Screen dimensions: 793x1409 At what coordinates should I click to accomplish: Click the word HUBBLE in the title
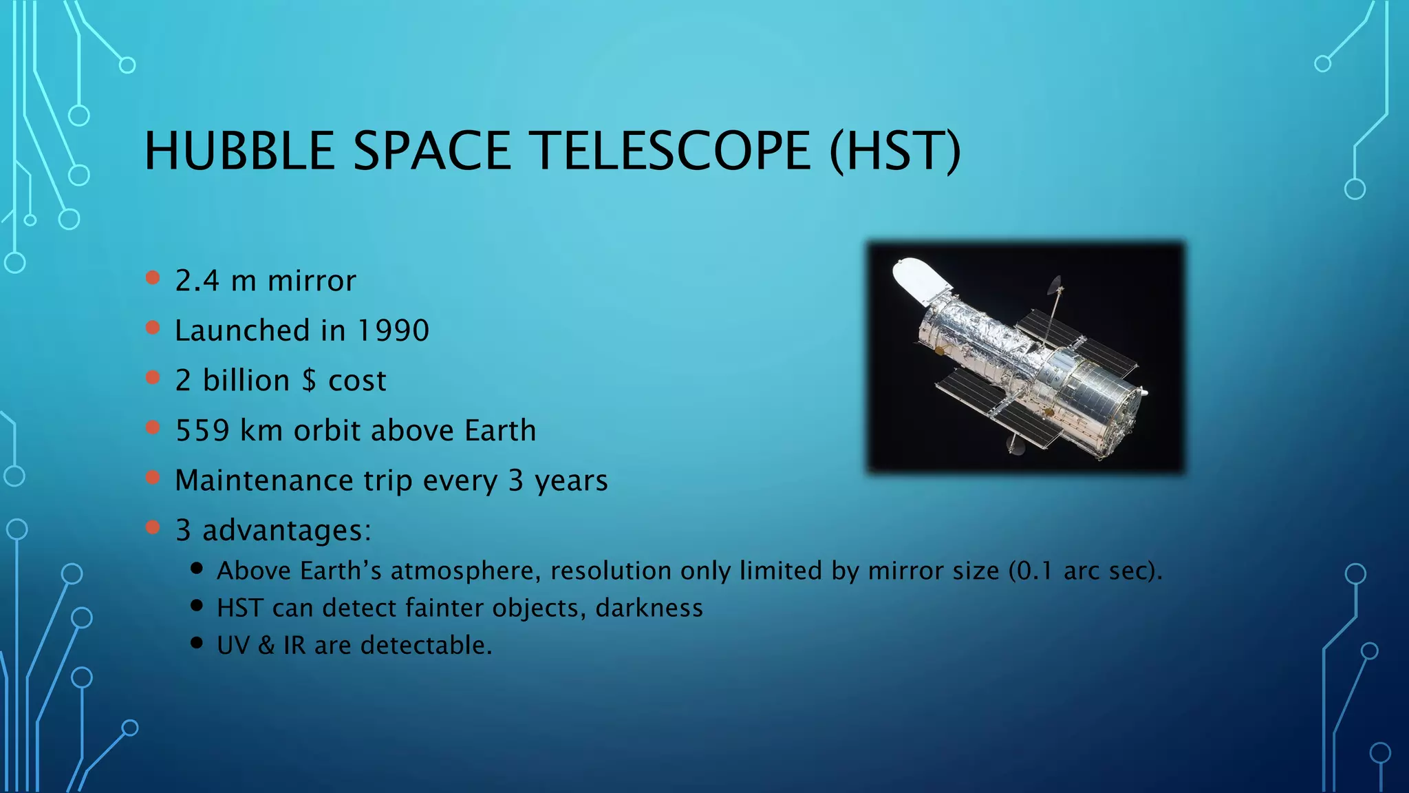click(239, 151)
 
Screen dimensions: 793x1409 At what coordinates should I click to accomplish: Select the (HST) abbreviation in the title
click(894, 151)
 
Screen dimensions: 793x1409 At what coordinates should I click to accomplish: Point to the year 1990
click(394, 331)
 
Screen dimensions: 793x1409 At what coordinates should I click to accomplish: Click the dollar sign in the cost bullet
click(310, 381)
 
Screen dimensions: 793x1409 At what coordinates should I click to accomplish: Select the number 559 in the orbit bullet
click(202, 431)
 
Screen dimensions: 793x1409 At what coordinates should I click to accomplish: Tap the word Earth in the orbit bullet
click(500, 431)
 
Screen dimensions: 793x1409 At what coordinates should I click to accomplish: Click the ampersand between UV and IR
click(266, 646)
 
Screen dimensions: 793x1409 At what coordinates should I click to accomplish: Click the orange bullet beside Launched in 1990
click(153, 328)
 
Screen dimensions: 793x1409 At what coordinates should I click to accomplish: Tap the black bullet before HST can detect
click(197, 606)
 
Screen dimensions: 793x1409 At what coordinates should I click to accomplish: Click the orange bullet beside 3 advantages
click(153, 527)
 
